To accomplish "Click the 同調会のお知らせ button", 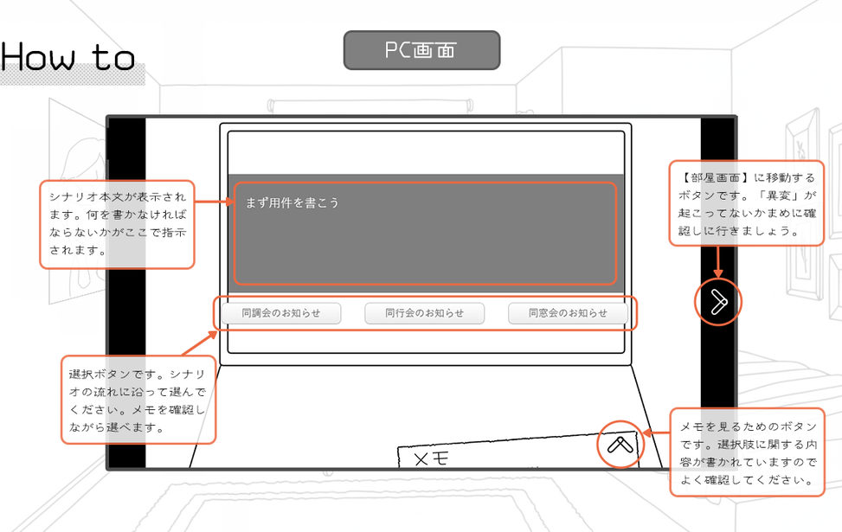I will point(280,313).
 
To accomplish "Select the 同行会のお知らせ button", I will point(424,313).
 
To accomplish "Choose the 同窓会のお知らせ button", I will point(568,313).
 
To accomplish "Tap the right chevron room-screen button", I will point(717,302).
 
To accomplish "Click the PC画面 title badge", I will point(421,50).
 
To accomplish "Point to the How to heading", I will point(67,57).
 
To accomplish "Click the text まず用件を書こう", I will point(292,202).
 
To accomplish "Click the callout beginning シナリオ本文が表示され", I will point(116,224).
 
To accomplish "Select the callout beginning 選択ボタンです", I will point(138,399).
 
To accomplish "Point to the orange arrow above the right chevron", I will point(717,262).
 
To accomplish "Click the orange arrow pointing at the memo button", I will point(656,432).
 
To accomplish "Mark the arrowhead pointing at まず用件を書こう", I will point(232,203).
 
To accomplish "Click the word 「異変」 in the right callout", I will point(775,194).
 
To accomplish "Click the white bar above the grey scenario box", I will point(425,153).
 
